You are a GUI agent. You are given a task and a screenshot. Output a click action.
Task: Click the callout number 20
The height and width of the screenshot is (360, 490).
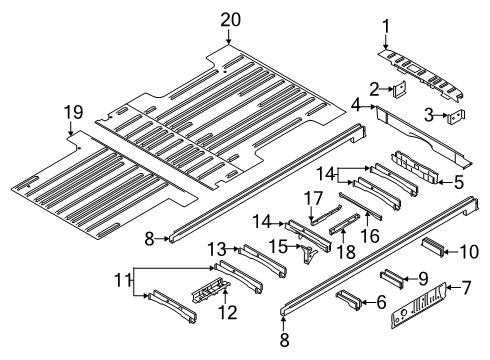pos(231,18)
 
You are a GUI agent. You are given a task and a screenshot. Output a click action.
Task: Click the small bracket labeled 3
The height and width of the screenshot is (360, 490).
pos(455,118)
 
